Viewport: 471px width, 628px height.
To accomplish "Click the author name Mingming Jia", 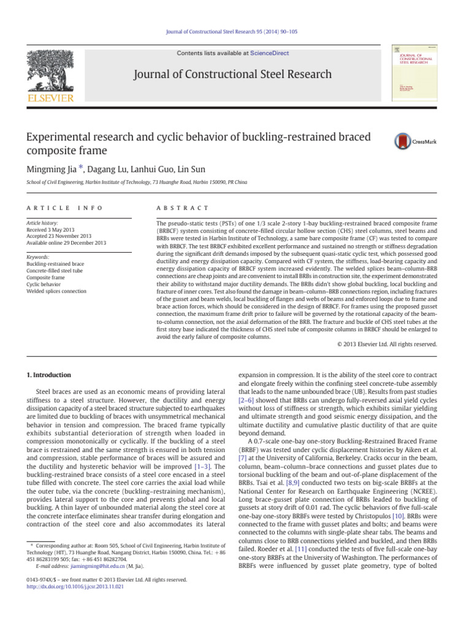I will point(52,169).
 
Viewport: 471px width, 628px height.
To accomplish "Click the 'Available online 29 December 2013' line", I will point(66,243).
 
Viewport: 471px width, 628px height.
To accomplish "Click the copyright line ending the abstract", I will point(387,345).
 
